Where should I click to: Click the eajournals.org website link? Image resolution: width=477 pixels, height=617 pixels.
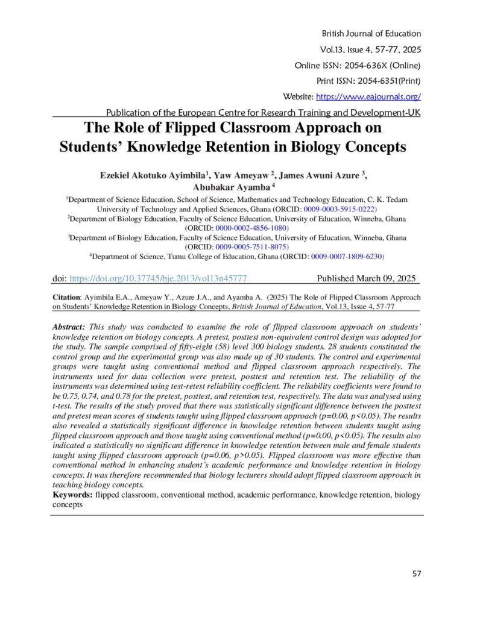pos(368,96)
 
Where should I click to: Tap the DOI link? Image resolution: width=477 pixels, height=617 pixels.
pos(158,278)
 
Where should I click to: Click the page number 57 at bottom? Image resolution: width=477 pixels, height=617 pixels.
pos(416,573)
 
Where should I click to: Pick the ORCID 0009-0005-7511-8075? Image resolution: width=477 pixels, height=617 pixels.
pos(252,247)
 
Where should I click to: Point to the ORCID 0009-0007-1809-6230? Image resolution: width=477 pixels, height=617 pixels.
pos(347,256)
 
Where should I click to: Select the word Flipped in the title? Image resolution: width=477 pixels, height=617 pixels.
pos(163,127)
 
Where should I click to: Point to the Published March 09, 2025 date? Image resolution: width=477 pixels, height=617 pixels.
pos(366,278)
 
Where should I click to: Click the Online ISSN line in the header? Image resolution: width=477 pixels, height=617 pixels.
pos(357,65)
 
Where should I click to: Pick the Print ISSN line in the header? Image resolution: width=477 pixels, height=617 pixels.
pos(368,81)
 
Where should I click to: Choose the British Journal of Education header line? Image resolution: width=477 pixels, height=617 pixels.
pos(372,34)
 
